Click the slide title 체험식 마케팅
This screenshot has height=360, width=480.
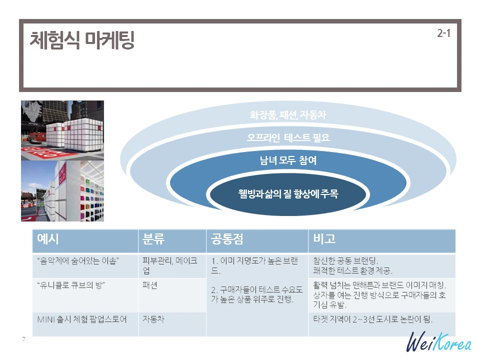[82, 40]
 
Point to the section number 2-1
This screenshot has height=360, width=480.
[443, 34]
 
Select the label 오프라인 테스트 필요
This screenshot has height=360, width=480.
[288, 137]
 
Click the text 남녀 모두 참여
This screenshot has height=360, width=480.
[288, 160]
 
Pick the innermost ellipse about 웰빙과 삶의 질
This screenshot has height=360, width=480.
[288, 193]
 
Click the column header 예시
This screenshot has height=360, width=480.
[48, 239]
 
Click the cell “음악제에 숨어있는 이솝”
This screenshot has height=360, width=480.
[78, 261]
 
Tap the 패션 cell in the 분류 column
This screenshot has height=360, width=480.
[150, 285]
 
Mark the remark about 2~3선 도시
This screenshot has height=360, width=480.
[372, 319]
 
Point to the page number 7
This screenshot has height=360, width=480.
[23, 339]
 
